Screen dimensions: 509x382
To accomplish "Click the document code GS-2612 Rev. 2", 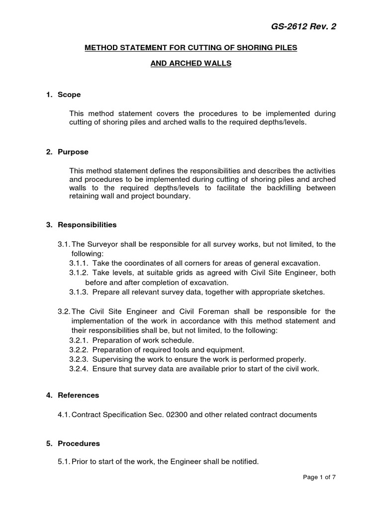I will point(303,26).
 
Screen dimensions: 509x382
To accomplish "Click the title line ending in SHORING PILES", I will point(191,47).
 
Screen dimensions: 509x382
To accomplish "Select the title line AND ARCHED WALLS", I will point(191,65).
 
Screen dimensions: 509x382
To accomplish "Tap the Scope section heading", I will point(69,94).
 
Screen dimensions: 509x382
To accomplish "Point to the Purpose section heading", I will point(73,152).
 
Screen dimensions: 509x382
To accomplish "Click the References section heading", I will point(78,395).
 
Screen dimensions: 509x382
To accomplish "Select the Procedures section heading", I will point(79,443).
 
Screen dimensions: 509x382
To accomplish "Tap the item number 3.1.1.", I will point(78,263).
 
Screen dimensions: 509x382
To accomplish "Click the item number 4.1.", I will point(64,415).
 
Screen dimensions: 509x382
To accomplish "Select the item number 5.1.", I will point(64,462).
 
